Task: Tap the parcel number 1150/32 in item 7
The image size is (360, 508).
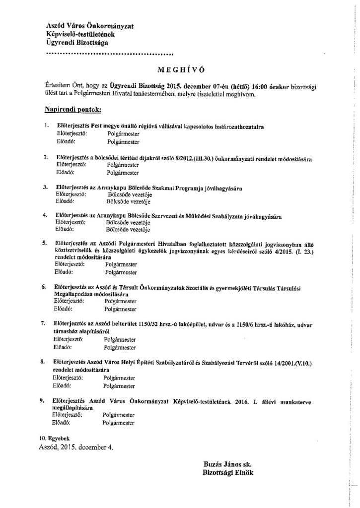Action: coord(135,323)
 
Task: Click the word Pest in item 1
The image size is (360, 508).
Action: coord(97,127)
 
